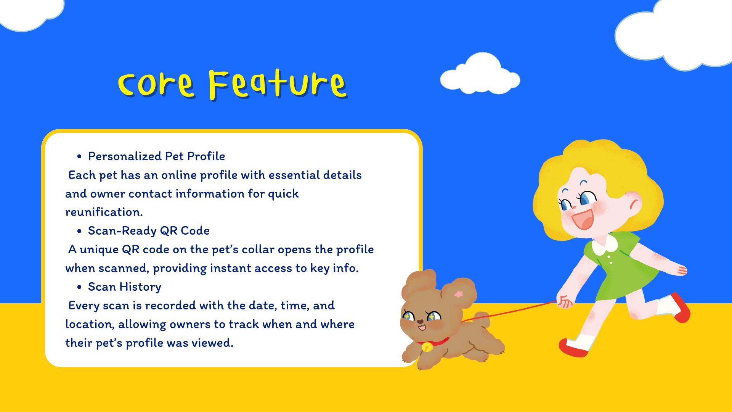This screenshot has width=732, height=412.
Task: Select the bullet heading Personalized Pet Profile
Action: [156, 156]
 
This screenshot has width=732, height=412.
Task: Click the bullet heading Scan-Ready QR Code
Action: [149, 230]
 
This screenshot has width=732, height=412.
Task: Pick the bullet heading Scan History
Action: [125, 286]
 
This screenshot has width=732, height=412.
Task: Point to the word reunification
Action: [104, 212]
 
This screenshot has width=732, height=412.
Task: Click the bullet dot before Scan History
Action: [79, 287]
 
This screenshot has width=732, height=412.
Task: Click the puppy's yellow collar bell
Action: [427, 347]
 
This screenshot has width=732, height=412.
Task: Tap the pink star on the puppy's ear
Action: [459, 294]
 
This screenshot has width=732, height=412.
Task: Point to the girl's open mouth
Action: [583, 219]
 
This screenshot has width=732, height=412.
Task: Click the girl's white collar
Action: [605, 245]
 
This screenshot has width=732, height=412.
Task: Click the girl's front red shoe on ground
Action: [573, 348]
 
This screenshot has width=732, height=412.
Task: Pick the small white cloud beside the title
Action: [480, 74]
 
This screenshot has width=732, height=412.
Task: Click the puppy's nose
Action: [420, 322]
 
